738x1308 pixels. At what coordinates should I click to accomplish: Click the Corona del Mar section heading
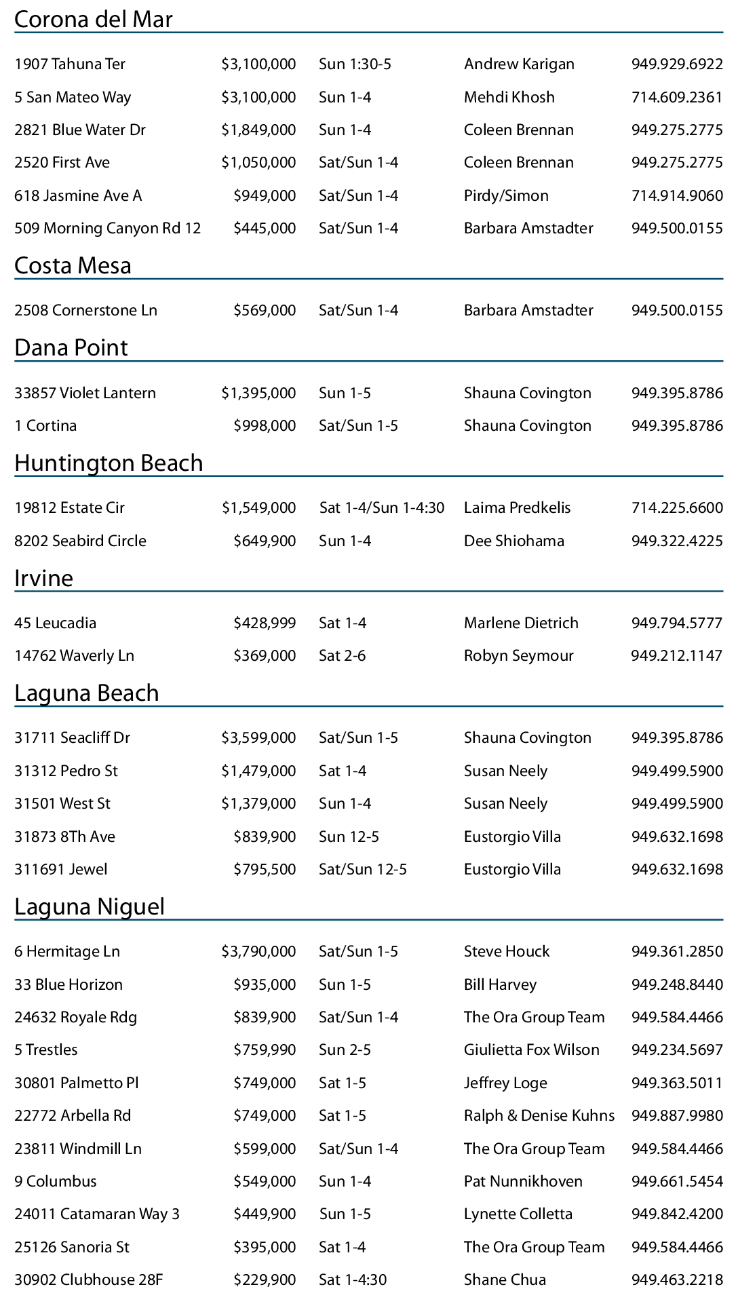tap(93, 20)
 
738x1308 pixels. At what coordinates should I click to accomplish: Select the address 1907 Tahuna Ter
tap(70, 64)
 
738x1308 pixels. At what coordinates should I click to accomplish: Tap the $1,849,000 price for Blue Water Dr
tap(258, 130)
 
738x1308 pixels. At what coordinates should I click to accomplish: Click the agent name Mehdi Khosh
tap(509, 98)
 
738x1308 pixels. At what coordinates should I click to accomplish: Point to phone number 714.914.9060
tap(676, 196)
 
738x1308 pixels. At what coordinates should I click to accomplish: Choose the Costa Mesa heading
tap(73, 265)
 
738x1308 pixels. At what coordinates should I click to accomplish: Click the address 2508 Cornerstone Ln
tap(85, 311)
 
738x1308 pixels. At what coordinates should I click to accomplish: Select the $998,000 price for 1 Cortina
tap(265, 426)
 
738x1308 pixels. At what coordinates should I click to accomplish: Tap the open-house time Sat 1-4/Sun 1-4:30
tap(382, 508)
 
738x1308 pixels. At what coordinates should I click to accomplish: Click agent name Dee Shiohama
tap(513, 541)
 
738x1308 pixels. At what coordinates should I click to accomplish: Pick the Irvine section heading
tap(43, 578)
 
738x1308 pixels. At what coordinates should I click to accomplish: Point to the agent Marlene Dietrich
tap(521, 623)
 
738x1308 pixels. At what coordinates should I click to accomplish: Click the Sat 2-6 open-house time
tap(342, 656)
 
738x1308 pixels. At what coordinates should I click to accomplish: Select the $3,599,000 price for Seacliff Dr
tap(258, 738)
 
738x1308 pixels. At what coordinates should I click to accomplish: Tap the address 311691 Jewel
tap(61, 870)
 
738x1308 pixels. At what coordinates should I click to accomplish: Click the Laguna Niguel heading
tap(90, 907)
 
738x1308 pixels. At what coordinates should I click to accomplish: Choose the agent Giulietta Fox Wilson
tap(531, 1050)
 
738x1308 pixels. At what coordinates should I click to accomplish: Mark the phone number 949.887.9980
tap(676, 1116)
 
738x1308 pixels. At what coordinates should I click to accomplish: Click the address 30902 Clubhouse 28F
tap(88, 1280)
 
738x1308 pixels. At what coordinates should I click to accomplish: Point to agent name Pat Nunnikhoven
tap(523, 1182)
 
